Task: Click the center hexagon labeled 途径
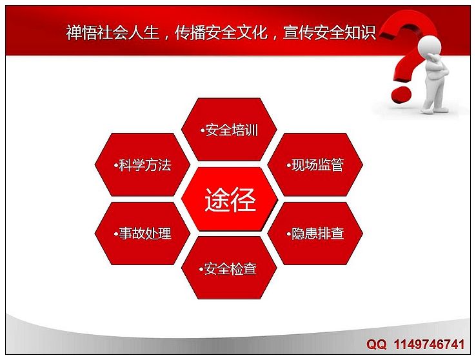[x=230, y=199]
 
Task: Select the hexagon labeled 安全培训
[x=229, y=130]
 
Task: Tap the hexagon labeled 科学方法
[x=143, y=165]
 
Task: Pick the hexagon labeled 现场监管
[x=315, y=165]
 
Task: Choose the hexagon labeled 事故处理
[x=143, y=234]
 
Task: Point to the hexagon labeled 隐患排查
[x=315, y=234]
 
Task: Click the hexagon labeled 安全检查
[x=229, y=268]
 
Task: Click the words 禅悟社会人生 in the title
[x=113, y=32]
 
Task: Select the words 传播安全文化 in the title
[x=221, y=32]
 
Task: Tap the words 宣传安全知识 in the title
[x=330, y=32]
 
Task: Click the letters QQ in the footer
[x=377, y=345]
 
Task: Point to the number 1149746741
[x=430, y=345]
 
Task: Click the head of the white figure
[x=430, y=46]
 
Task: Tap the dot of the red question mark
[x=401, y=95]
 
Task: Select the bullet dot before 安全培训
[x=202, y=131]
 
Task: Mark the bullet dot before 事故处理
[x=115, y=234]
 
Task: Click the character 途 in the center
[x=217, y=199]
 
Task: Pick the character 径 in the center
[x=243, y=199]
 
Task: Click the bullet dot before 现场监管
[x=288, y=166]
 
